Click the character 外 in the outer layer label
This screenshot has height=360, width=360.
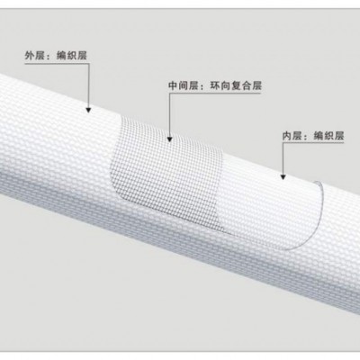point(30,56)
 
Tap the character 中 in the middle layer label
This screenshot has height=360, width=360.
point(174,85)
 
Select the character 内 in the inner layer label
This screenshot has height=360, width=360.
point(287,136)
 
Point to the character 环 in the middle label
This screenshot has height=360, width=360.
point(215,85)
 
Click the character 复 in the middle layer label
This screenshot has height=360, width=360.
point(236,85)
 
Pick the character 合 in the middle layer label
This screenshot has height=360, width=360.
point(247,85)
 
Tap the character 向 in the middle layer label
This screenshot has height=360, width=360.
point(226,85)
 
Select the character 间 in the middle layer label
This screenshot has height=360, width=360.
point(184,85)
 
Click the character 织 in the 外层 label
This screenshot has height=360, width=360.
point(71,56)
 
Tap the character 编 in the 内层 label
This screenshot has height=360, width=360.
point(319,136)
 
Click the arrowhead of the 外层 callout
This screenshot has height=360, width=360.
point(88,110)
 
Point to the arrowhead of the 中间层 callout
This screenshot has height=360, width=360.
point(170,139)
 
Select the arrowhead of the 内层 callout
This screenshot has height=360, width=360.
point(283,177)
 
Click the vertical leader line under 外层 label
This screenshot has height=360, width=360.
point(88,85)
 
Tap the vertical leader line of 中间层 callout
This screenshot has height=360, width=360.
point(170,115)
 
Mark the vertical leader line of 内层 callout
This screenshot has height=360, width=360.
point(283,158)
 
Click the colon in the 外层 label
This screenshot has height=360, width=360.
point(50,57)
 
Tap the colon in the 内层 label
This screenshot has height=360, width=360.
point(308,137)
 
